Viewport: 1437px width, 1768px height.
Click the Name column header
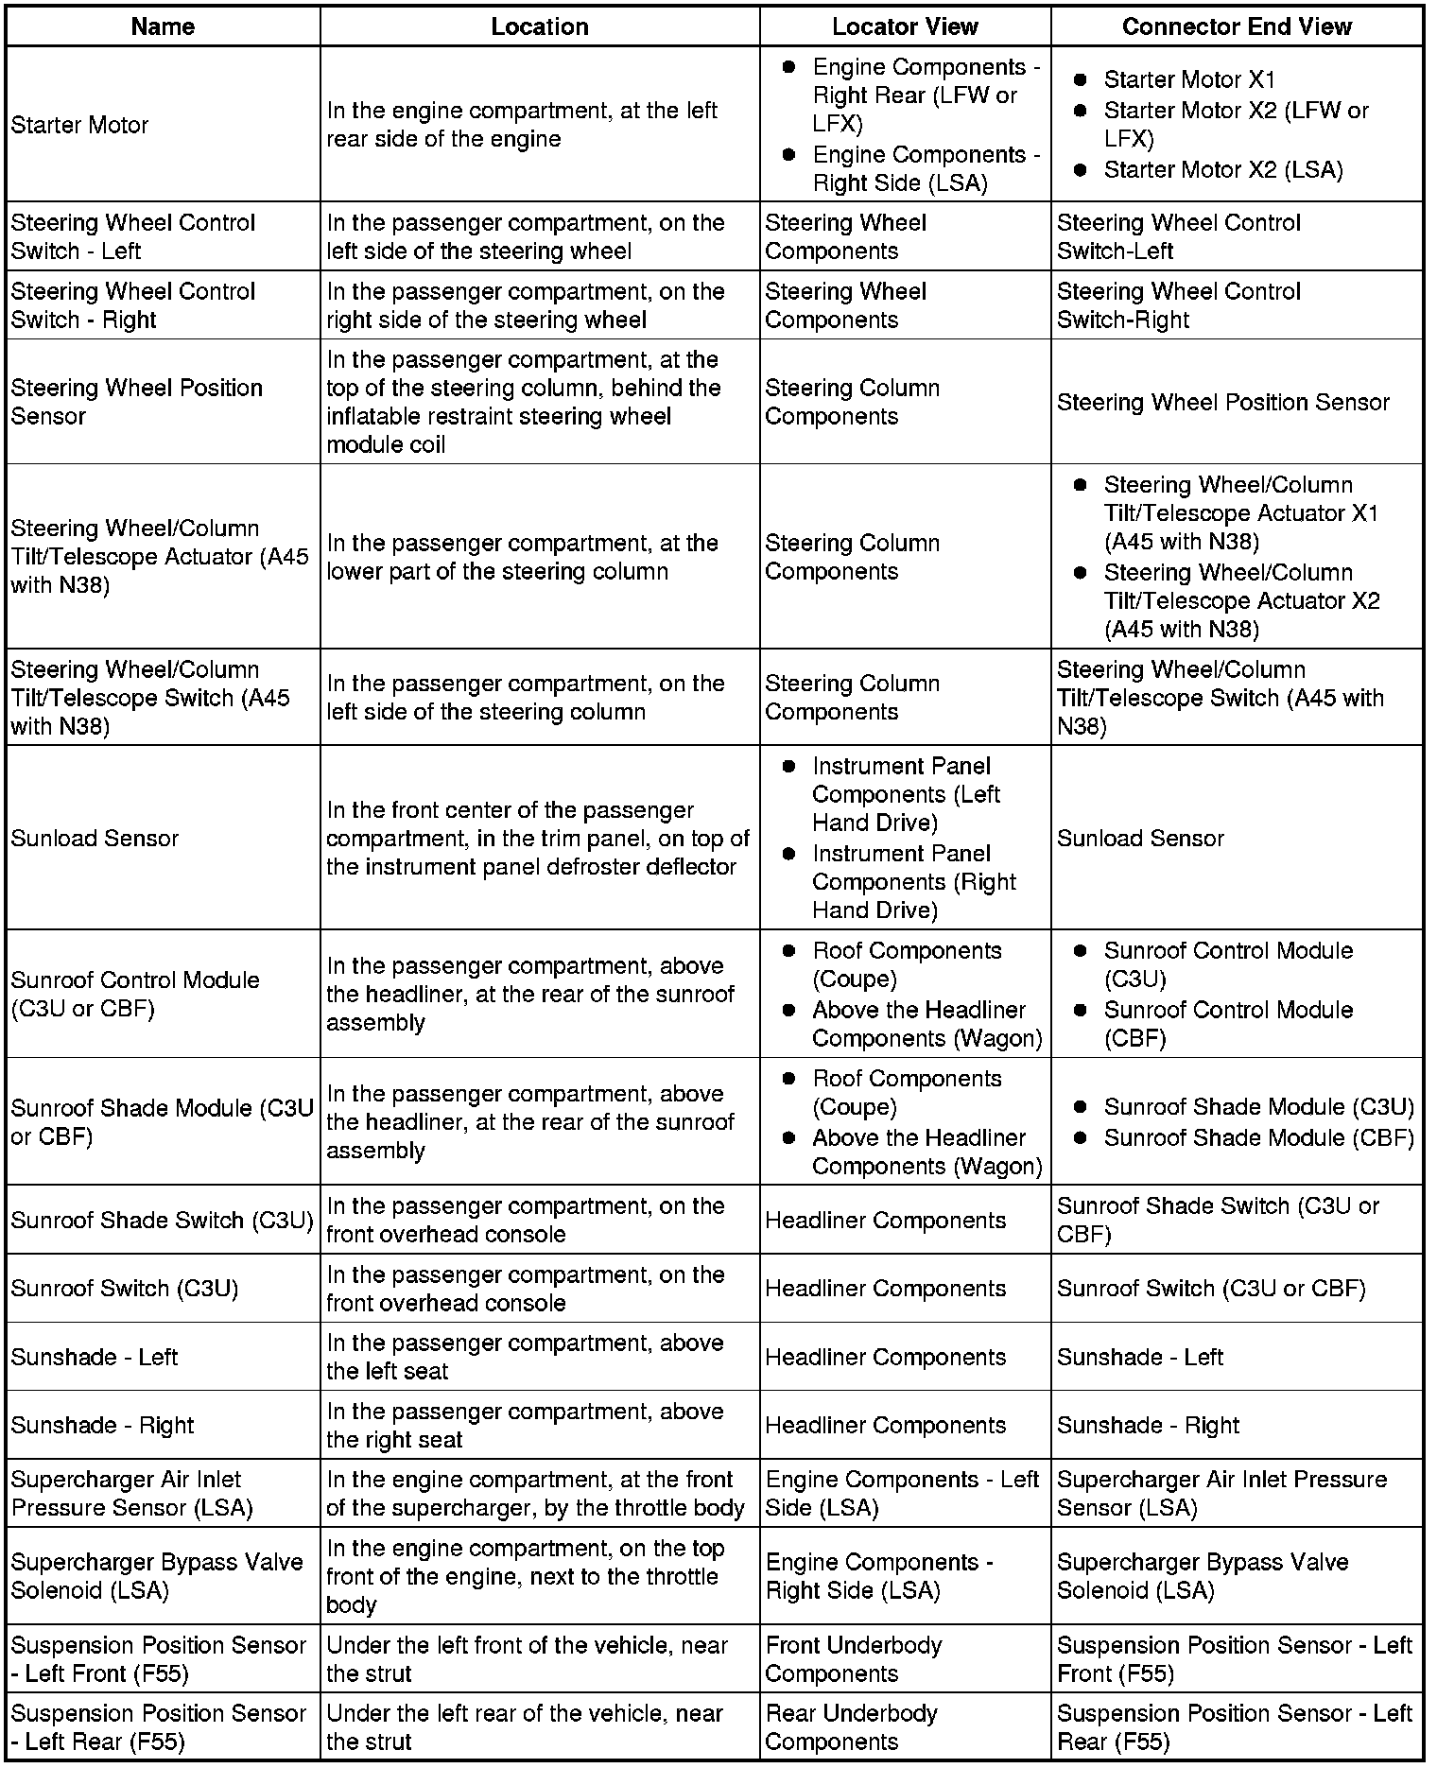(163, 26)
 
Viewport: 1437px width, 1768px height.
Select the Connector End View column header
(1237, 26)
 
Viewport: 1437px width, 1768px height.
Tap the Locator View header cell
(905, 26)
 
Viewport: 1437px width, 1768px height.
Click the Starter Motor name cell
(79, 125)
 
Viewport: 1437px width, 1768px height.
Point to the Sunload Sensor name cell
(95, 838)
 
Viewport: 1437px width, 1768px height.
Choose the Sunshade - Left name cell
(95, 1357)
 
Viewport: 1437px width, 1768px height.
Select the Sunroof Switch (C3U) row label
(124, 1288)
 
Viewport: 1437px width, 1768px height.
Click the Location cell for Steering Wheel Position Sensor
(524, 402)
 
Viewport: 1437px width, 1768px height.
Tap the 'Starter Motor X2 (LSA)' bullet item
(1222, 170)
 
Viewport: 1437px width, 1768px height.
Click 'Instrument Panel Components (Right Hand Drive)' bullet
(913, 881)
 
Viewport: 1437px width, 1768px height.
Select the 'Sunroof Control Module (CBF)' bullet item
(1228, 1023)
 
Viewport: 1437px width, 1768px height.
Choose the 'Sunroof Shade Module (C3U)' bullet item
(1258, 1106)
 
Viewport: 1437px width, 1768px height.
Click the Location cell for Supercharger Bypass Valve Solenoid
(524, 1576)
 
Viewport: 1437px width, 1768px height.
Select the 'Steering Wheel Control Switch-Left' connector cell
(1178, 236)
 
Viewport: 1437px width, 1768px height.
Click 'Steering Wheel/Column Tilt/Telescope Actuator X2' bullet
(1241, 600)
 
